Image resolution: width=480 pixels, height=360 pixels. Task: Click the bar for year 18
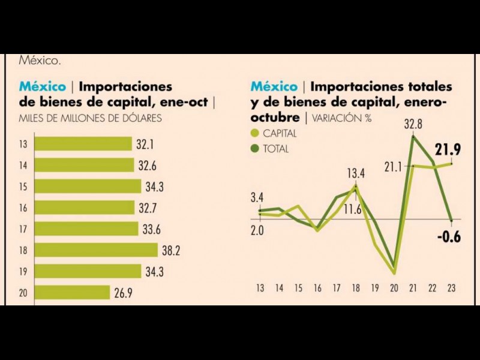click(96, 250)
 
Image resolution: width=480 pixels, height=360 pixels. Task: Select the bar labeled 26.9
click(73, 293)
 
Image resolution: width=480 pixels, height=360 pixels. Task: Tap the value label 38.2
click(170, 250)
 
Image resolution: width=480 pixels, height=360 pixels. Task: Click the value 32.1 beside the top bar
click(144, 144)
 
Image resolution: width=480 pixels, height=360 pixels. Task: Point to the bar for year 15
click(88, 187)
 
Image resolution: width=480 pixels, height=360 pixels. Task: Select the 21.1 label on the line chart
click(394, 166)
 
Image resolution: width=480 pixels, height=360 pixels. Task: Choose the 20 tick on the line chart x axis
click(394, 288)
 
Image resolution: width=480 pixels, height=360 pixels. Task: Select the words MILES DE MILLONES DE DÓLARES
click(90, 118)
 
